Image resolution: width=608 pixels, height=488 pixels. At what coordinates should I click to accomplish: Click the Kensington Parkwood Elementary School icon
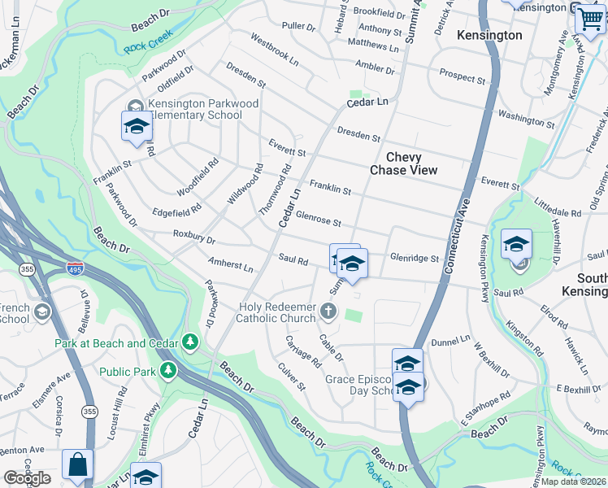pyautogui.click(x=137, y=125)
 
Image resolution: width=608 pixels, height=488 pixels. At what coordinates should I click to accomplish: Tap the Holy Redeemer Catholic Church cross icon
pyautogui.click(x=328, y=311)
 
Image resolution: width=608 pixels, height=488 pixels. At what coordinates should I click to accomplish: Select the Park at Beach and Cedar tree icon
pyautogui.click(x=190, y=342)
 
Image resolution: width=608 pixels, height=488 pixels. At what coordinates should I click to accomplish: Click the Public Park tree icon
pyautogui.click(x=168, y=372)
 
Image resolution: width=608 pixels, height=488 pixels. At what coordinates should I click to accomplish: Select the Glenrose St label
pyautogui.click(x=318, y=220)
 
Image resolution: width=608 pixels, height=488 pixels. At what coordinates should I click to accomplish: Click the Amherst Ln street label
pyautogui.click(x=231, y=264)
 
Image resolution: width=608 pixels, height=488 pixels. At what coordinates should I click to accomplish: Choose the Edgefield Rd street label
pyautogui.click(x=176, y=211)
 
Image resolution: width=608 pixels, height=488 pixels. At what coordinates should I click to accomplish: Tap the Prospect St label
pyautogui.click(x=462, y=76)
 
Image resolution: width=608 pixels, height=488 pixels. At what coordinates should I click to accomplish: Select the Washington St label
pyautogui.click(x=526, y=120)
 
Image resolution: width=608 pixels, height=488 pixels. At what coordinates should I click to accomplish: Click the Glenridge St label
pyautogui.click(x=414, y=258)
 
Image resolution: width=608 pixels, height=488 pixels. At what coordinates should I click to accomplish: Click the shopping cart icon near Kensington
pyautogui.click(x=589, y=18)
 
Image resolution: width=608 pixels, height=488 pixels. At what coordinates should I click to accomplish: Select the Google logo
pyautogui.click(x=27, y=478)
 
